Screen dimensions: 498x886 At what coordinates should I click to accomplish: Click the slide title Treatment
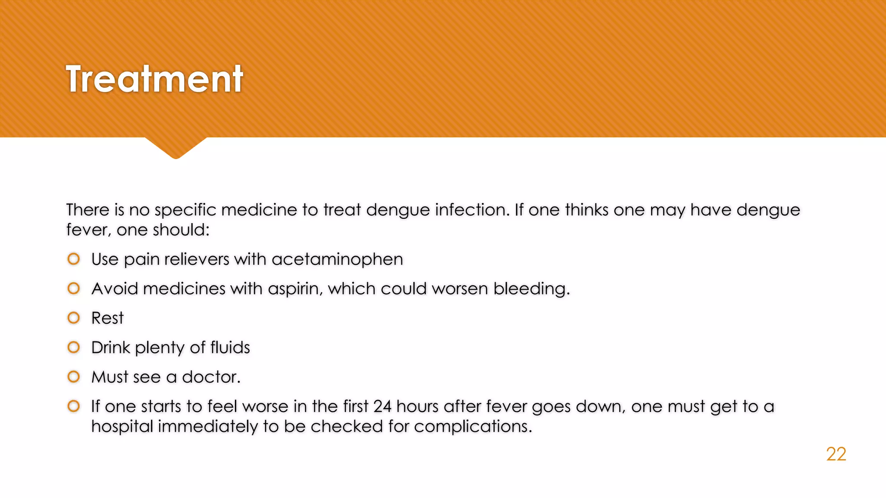[154, 79]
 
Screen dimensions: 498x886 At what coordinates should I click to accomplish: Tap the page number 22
[836, 454]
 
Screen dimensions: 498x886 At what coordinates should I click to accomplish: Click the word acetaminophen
[337, 259]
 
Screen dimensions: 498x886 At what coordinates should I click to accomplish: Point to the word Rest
[107, 318]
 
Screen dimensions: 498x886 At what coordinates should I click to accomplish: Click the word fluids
[230, 348]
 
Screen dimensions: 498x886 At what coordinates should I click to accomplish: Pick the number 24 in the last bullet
[382, 406]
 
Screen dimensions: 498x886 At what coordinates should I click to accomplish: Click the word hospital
[122, 427]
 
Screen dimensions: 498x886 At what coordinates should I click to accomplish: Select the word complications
[472, 427]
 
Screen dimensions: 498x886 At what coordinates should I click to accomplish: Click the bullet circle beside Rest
[74, 318]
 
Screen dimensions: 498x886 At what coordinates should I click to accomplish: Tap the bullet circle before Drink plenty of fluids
[74, 348]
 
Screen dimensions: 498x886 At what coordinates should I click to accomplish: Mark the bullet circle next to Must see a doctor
[74, 377]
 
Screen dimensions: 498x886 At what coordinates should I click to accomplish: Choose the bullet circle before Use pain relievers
[74, 259]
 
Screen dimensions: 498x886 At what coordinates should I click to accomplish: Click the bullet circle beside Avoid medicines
[74, 289]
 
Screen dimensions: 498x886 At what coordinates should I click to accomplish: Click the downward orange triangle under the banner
[176, 147]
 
